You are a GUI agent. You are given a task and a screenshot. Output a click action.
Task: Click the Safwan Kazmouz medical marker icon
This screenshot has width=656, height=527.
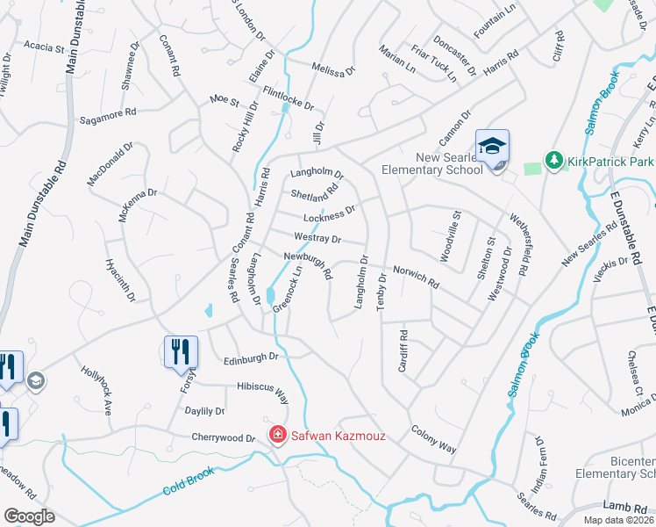click(277, 434)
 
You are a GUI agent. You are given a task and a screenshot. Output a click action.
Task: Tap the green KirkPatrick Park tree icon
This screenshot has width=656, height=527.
click(553, 160)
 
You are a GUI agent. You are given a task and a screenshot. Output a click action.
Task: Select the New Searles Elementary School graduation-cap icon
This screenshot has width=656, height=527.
click(492, 146)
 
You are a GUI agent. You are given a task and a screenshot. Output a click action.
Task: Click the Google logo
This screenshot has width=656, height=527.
click(29, 516)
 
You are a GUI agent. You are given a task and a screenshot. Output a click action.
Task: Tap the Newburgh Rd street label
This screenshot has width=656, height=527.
click(308, 265)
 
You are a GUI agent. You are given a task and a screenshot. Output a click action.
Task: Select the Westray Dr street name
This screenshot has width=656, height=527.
click(317, 238)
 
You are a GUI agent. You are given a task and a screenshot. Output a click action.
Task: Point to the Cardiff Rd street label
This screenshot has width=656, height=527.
click(403, 350)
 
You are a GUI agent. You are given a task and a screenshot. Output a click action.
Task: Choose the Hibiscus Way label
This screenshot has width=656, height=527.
click(262, 391)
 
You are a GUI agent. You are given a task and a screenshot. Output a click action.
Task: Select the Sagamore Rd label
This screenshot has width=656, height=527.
click(108, 115)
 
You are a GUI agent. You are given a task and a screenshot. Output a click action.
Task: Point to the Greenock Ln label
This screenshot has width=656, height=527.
click(288, 290)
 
